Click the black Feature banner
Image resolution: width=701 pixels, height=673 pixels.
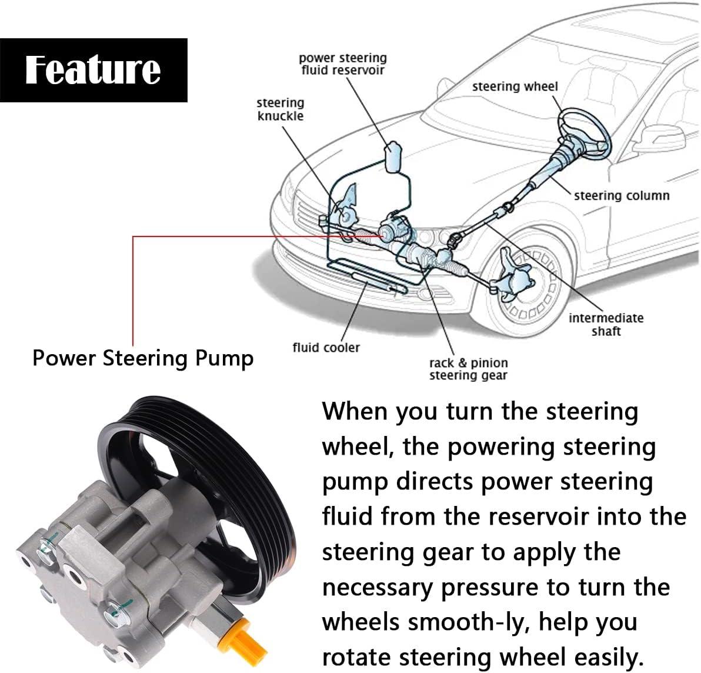(94, 70)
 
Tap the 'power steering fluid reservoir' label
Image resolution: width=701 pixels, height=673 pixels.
(343, 64)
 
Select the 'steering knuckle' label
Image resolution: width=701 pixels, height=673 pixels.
(281, 109)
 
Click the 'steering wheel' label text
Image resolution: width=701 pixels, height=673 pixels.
(515, 86)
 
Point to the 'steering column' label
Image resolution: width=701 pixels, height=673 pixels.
(622, 195)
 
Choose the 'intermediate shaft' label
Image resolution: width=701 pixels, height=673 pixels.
(606, 324)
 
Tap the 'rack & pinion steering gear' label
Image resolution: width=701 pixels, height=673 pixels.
(468, 369)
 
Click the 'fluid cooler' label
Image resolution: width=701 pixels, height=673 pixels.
(326, 348)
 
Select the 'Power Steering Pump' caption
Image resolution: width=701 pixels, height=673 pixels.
(143, 358)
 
